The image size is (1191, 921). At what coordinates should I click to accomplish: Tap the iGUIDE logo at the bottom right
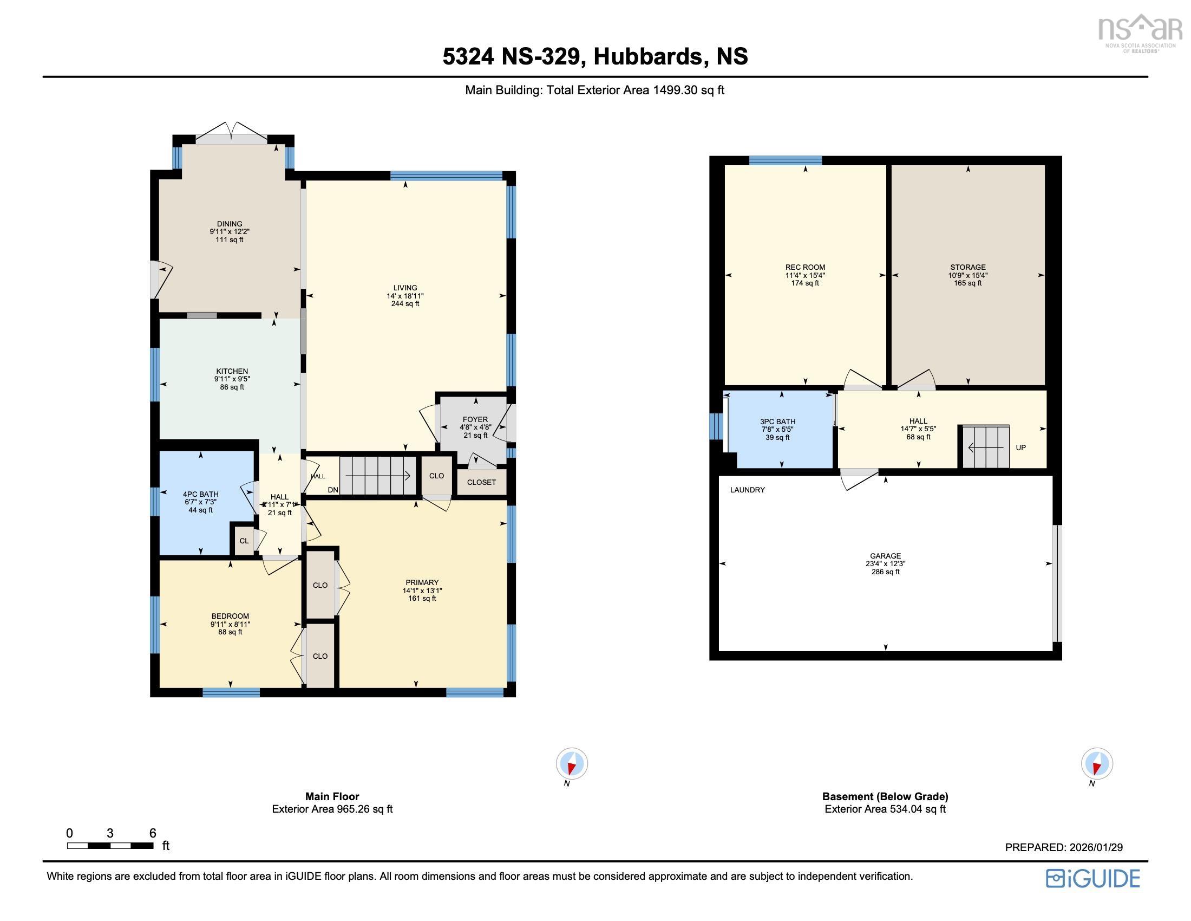coord(1093,878)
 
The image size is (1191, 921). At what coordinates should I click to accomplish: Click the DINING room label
coord(230,224)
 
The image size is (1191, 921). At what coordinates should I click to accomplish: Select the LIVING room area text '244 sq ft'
coord(405,304)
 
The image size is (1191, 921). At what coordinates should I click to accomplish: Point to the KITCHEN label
coord(232,371)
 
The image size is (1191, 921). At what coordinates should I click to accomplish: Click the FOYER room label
coord(475,419)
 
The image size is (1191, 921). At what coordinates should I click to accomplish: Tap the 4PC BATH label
coord(201,494)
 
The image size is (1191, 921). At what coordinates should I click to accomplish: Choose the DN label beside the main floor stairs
coord(332,490)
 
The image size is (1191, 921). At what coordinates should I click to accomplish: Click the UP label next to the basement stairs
coord(1021,447)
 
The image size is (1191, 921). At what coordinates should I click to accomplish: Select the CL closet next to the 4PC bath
coord(244,541)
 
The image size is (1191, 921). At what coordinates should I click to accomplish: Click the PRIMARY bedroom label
coord(422,582)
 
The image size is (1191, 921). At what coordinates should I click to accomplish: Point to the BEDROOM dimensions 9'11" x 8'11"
coord(230,624)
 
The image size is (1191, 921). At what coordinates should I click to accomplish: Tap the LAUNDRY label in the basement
coord(747,490)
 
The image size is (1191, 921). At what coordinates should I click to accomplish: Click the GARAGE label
coord(885,556)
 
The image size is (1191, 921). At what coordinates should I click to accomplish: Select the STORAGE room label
coord(967,267)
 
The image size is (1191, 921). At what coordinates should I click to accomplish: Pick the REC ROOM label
coord(805,267)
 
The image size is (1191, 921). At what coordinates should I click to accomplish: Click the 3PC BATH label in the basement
coord(777,421)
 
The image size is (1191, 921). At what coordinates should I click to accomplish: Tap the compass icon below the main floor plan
coord(572,763)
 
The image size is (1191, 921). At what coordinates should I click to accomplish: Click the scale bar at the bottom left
coord(110,846)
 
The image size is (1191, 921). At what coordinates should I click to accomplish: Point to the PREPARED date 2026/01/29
coord(1063,847)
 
